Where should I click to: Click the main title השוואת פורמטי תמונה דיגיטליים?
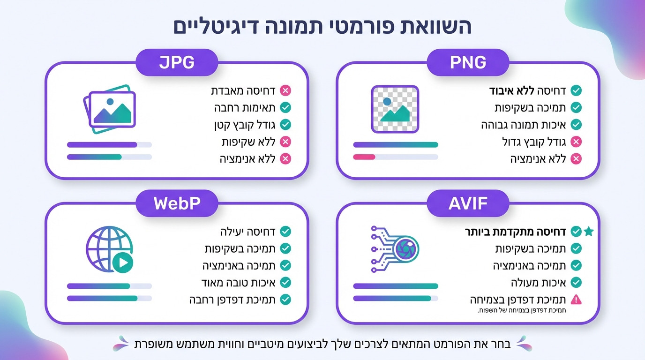322,27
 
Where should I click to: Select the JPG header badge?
177,62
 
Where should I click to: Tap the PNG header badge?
467,62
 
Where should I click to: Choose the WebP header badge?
177,203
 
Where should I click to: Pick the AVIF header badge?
467,203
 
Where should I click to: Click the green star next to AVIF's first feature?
589,231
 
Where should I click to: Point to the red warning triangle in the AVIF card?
576,299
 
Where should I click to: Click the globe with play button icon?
109,249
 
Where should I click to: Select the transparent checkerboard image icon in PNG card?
395,109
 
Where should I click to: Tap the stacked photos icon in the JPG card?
109,109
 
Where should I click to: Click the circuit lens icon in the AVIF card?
395,249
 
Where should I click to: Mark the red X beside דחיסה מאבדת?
285,90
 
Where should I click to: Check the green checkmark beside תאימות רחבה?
285,107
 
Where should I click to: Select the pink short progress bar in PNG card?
364,157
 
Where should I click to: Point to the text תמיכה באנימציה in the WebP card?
239,265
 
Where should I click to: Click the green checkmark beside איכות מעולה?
576,282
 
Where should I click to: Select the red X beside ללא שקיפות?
285,142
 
